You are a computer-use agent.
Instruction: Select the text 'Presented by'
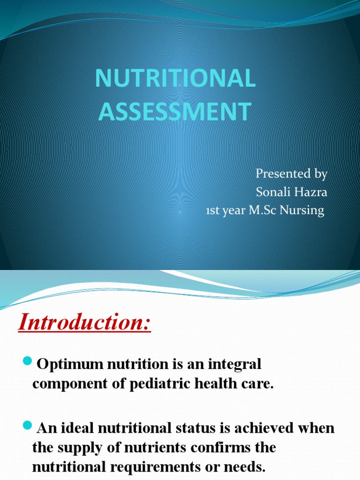(x=291, y=174)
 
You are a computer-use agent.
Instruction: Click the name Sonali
(x=273, y=192)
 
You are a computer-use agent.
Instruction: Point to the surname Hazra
(x=310, y=192)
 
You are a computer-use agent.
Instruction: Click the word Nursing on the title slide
(x=303, y=211)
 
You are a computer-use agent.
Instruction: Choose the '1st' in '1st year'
(x=213, y=211)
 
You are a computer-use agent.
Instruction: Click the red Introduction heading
(x=85, y=323)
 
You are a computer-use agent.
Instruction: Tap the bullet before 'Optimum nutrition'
(x=27, y=360)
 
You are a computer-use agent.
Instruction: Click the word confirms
(x=212, y=448)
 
